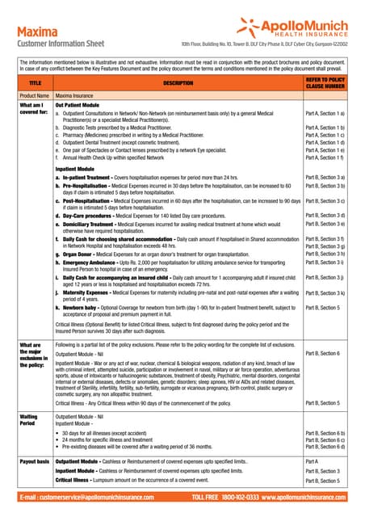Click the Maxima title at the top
click(x=36, y=32)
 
